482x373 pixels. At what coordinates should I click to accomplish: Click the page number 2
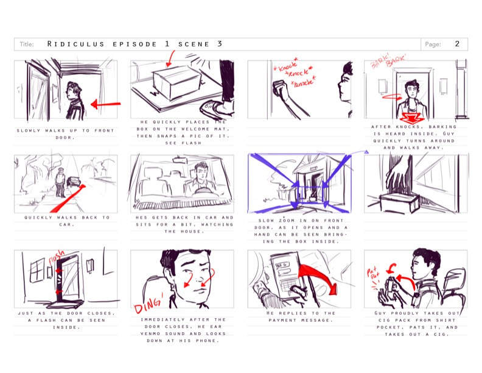click(457, 44)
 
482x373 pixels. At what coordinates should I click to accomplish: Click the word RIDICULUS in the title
click(75, 44)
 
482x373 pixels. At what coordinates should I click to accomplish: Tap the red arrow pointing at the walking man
click(105, 104)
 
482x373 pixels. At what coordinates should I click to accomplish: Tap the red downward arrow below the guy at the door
click(411, 118)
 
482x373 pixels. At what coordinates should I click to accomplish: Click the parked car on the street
click(74, 181)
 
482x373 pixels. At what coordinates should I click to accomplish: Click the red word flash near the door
click(57, 257)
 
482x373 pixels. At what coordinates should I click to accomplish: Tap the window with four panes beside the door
click(38, 270)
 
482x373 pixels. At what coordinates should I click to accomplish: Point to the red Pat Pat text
click(373, 275)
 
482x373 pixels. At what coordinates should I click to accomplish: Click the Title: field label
click(27, 44)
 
